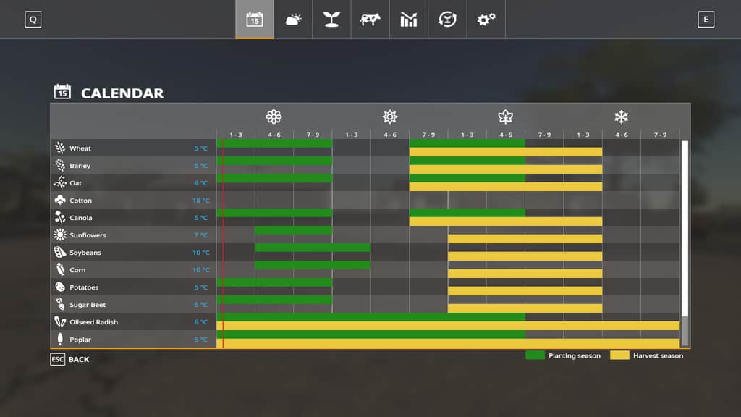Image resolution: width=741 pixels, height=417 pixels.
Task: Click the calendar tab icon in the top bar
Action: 255,20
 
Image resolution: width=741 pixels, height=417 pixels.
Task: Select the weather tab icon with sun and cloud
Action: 293,20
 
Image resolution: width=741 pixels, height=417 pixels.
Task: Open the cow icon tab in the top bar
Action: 370,20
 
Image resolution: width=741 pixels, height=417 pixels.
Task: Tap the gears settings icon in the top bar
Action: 486,20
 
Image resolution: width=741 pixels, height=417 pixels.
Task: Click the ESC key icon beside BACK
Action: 57,359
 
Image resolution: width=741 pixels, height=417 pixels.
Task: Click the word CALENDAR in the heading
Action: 122,93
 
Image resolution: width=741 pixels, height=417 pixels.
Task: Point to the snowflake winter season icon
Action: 621,117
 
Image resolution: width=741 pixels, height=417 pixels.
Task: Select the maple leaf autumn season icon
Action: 505,117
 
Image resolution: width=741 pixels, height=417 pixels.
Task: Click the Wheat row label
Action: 80,148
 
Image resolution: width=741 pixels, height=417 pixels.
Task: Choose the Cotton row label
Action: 80,201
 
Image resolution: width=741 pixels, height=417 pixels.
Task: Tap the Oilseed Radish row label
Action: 93,322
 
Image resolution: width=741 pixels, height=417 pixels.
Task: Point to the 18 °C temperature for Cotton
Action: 201,201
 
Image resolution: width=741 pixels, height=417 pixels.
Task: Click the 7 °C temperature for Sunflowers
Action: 201,235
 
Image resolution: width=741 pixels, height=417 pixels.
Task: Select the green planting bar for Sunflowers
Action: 293,230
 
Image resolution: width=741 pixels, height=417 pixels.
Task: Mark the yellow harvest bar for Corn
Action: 525,274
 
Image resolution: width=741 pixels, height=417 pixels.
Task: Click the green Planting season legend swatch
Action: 535,355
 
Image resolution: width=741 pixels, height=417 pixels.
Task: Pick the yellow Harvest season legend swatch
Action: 619,355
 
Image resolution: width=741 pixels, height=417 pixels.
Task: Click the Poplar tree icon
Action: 60,340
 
